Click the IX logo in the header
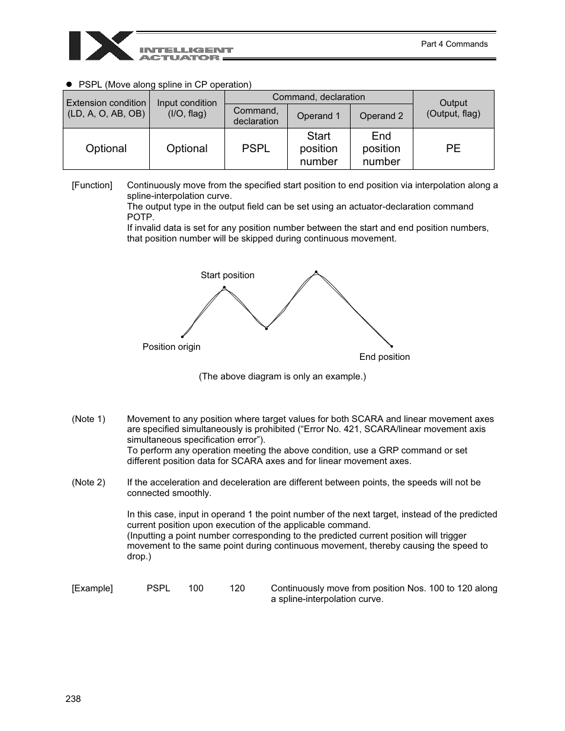[x=101, y=46]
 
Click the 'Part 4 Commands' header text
[x=454, y=44]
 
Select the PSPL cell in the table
[x=256, y=149]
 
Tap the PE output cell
[x=453, y=149]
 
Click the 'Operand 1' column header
[x=319, y=116]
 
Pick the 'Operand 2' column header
[x=381, y=116]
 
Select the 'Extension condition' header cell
[x=106, y=108]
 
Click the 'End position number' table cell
[x=381, y=149]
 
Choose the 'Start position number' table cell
[x=319, y=149]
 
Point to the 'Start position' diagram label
[x=227, y=275]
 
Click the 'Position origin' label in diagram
[x=171, y=347]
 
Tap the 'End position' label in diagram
[x=384, y=357]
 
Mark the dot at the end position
[x=391, y=346]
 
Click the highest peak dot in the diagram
[x=316, y=272]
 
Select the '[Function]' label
[x=92, y=185]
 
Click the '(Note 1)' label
[x=88, y=419]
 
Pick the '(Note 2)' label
[x=88, y=482]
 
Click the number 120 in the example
[x=237, y=588]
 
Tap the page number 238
[x=73, y=699]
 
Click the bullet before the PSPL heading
[x=69, y=85]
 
